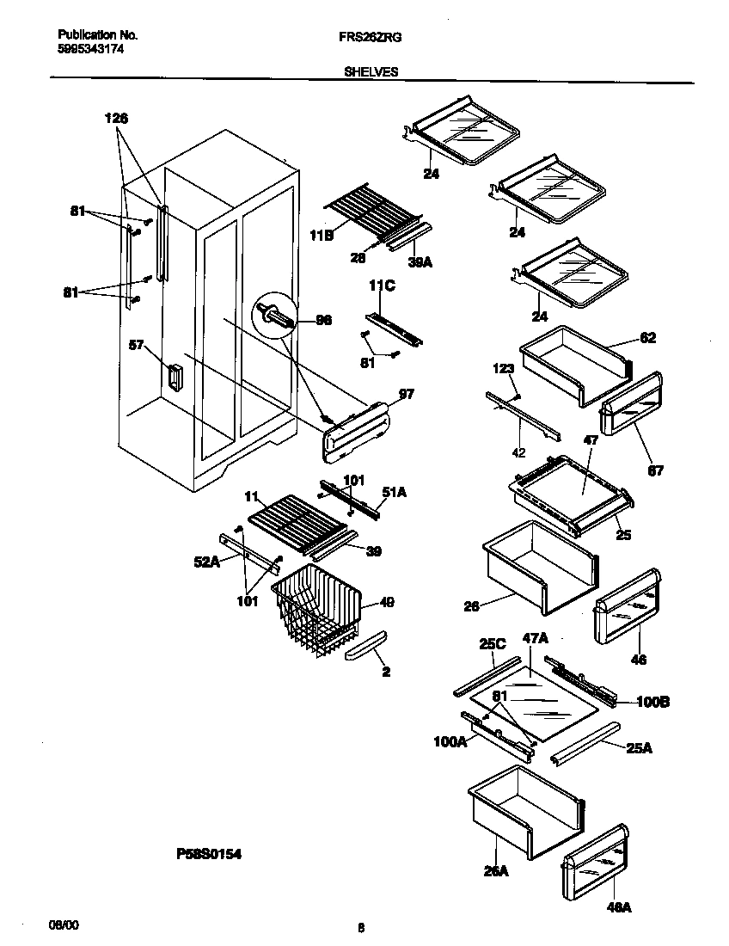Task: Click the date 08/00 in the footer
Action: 63,924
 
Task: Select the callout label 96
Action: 323,320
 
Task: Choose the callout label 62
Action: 647,338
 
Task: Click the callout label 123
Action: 503,368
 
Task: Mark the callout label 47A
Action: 535,637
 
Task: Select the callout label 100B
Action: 652,702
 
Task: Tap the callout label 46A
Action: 618,906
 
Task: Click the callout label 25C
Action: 492,642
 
